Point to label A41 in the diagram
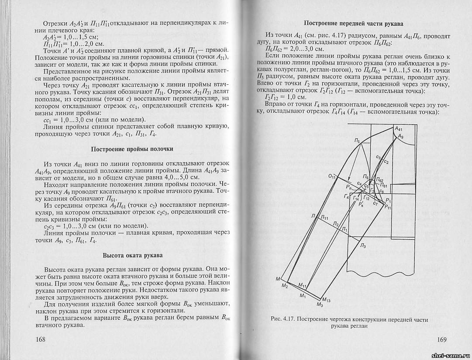[x=400, y=129]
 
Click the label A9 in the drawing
[x=400, y=137]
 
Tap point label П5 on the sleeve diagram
[x=357, y=141]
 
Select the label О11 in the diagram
[x=332, y=177]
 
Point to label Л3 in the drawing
[x=363, y=246]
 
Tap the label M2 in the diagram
[x=285, y=285]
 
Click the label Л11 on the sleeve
[x=324, y=218]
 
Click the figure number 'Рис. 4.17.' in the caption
[x=283, y=319]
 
